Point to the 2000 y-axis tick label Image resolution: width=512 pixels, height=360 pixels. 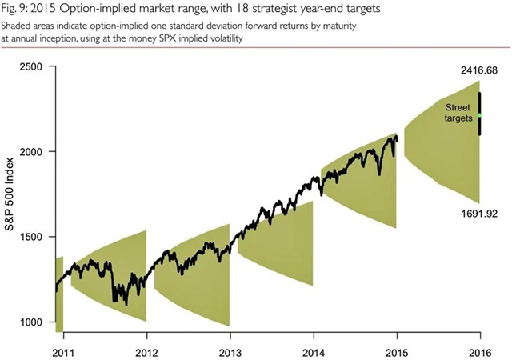pos(30,151)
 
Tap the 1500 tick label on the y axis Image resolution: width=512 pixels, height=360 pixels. pos(30,237)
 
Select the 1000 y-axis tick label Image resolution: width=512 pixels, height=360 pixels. pos(30,322)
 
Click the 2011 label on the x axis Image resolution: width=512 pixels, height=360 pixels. pos(63,350)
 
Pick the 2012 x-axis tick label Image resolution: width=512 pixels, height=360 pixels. pos(146,350)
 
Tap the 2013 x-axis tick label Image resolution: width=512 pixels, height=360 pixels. pos(230,350)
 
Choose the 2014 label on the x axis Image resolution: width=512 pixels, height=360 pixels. pos(314,350)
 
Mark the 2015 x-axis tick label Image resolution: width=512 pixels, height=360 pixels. pos(397,350)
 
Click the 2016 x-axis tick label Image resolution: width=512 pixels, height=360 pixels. pos(480,350)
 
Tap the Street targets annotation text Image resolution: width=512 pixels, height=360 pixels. pos(458,112)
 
